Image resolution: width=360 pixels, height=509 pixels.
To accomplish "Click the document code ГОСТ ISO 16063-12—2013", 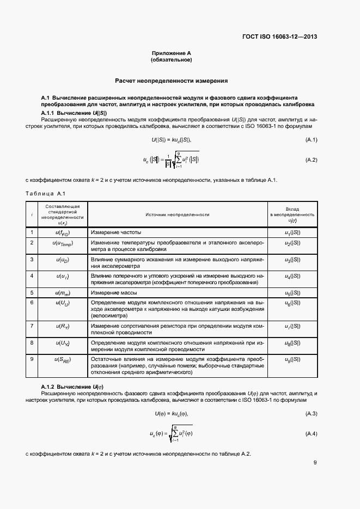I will (279, 37).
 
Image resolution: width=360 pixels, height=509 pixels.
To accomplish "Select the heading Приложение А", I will (172, 53).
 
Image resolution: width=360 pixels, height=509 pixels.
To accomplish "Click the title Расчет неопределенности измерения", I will (172, 81).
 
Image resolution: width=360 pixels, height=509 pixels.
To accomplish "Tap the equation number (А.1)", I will (310, 140).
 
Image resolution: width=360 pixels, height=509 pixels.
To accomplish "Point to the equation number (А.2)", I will (310, 160).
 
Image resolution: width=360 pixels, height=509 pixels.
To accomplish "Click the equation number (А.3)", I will (310, 414).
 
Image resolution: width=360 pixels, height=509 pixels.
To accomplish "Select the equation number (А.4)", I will (310, 433).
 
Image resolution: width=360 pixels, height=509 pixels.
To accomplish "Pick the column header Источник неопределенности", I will (178, 215).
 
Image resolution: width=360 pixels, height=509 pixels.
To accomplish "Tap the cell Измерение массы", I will (113, 293).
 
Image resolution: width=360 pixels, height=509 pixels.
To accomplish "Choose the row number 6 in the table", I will (32, 302).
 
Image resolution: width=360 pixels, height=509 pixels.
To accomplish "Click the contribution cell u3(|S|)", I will (292, 260).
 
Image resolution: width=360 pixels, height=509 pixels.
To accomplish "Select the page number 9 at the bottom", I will (315, 463).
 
